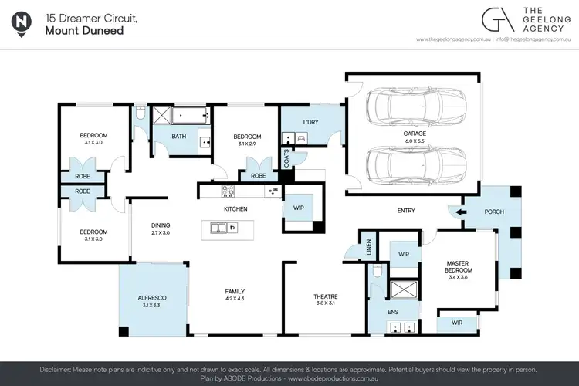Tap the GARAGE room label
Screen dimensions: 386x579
point(414,133)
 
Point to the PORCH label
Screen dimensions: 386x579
point(494,211)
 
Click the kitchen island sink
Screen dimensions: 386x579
point(221,228)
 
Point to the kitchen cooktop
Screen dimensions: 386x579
point(229,191)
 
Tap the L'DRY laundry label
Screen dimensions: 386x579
point(311,123)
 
